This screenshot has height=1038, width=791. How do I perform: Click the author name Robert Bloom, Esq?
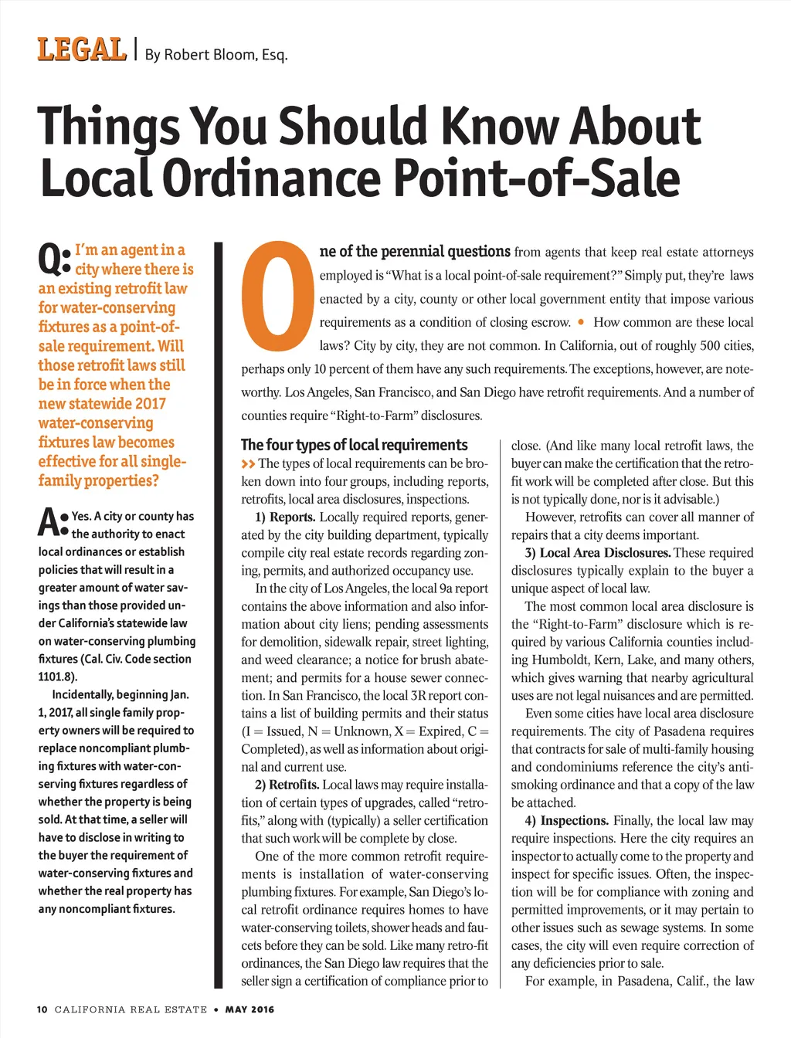216,55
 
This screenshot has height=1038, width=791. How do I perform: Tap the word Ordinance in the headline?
272,178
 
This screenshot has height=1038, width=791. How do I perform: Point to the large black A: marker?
53,522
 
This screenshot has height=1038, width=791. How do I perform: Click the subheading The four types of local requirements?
354,445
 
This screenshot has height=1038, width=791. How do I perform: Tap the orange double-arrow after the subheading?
248,464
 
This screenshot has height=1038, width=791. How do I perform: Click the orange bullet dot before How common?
581,321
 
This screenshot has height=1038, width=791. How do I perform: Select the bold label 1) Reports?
285,517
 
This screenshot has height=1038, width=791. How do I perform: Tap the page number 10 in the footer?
42,1009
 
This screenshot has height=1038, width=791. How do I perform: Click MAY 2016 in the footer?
250,1009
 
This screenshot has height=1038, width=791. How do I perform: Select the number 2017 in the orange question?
150,404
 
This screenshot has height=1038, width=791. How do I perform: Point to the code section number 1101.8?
56,677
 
